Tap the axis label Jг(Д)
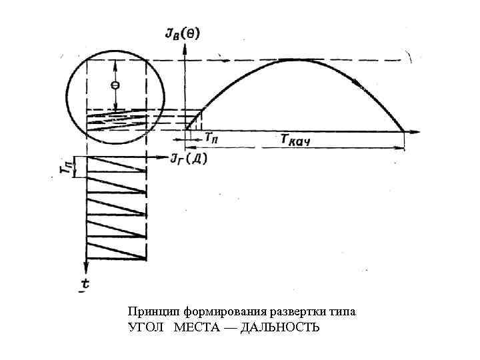[x=189, y=158]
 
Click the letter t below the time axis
[x=85, y=284]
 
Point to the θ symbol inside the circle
[x=115, y=85]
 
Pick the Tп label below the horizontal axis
[x=211, y=138]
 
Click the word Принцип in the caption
[x=152, y=311]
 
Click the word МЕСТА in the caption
[x=195, y=327]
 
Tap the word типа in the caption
[x=343, y=311]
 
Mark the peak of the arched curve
[x=293, y=60]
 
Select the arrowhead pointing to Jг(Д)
[x=166, y=158]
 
